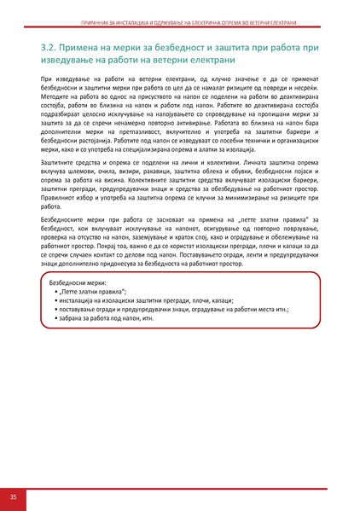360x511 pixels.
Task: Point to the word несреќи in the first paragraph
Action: (309, 89)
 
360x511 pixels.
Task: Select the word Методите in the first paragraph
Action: (55, 99)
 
